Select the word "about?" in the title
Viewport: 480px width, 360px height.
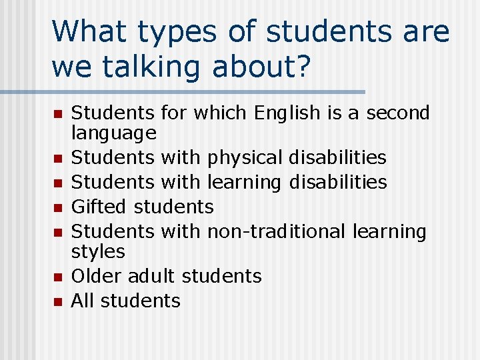coord(266,68)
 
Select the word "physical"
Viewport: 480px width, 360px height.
coord(245,159)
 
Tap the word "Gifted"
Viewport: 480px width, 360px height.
coord(100,207)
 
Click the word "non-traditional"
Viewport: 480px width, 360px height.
coord(277,231)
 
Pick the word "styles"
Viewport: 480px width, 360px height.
coord(98,252)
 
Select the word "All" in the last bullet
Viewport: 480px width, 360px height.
coord(82,301)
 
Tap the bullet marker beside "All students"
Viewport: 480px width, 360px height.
coord(57,302)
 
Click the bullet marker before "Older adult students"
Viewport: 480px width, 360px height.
coord(57,277)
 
